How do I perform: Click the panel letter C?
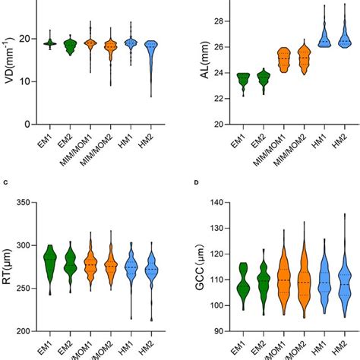point(5,182)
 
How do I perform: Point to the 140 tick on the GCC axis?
point(213,203)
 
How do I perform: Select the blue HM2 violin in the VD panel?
point(151,57)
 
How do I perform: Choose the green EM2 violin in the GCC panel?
point(263,283)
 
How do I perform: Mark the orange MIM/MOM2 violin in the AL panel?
point(304,58)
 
